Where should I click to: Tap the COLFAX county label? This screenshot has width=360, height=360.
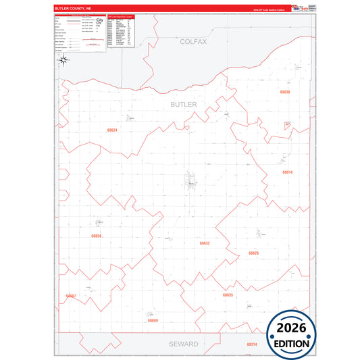coord(193,41)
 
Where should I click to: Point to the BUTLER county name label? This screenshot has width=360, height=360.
coord(183,105)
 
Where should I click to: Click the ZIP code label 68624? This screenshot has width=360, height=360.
coord(112,130)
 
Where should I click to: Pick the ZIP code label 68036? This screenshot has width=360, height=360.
coord(284,91)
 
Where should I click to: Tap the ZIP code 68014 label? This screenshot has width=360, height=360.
coord(288,172)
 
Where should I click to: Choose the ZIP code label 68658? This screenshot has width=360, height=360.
coord(96,236)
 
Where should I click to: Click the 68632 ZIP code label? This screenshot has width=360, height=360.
coord(205,242)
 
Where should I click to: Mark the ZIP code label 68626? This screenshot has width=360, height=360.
coord(253,253)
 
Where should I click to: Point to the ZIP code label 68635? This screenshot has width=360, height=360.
coord(228,295)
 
